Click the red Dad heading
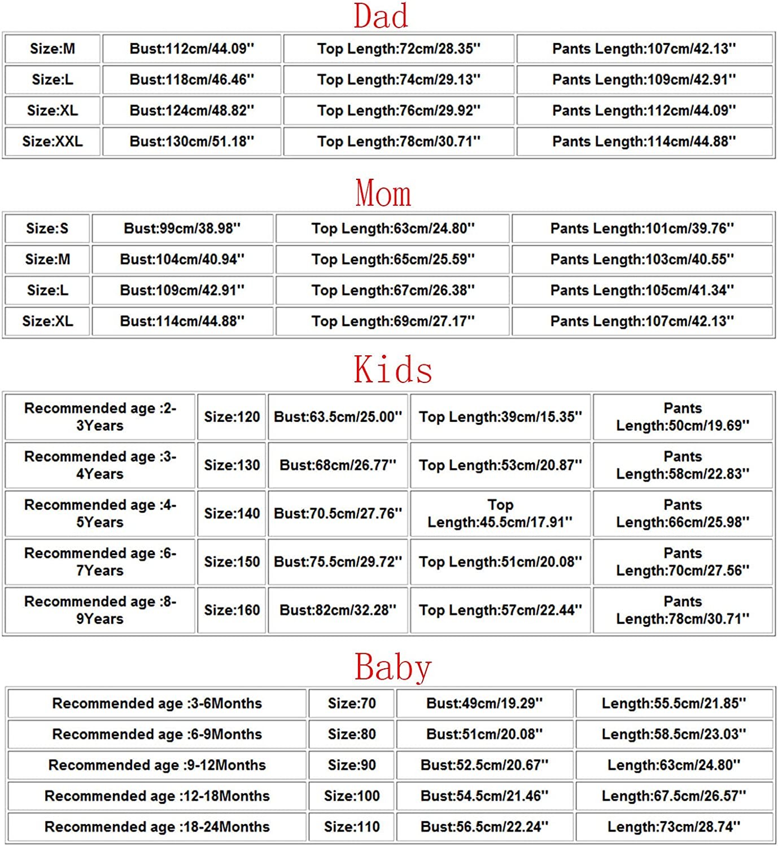click(x=381, y=16)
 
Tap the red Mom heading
click(x=383, y=193)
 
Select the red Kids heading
click(x=393, y=370)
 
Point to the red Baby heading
click(x=393, y=667)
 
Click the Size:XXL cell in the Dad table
click(x=53, y=141)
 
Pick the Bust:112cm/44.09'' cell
click(x=192, y=49)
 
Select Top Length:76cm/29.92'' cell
click(x=399, y=111)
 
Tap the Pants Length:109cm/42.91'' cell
click(x=644, y=80)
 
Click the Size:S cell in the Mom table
click(x=47, y=228)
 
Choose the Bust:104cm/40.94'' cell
click(x=182, y=259)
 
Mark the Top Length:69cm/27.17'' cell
click(x=393, y=321)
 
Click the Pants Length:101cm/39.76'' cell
click(x=642, y=228)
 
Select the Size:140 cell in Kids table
click(x=232, y=513)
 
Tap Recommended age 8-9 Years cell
click(x=100, y=610)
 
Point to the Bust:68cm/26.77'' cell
click(x=338, y=465)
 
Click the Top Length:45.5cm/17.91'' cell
click(x=500, y=513)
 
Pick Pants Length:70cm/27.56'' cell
click(x=683, y=562)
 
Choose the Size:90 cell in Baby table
click(x=352, y=765)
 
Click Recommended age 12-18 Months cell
click(x=157, y=796)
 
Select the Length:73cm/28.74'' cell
click(x=674, y=827)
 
